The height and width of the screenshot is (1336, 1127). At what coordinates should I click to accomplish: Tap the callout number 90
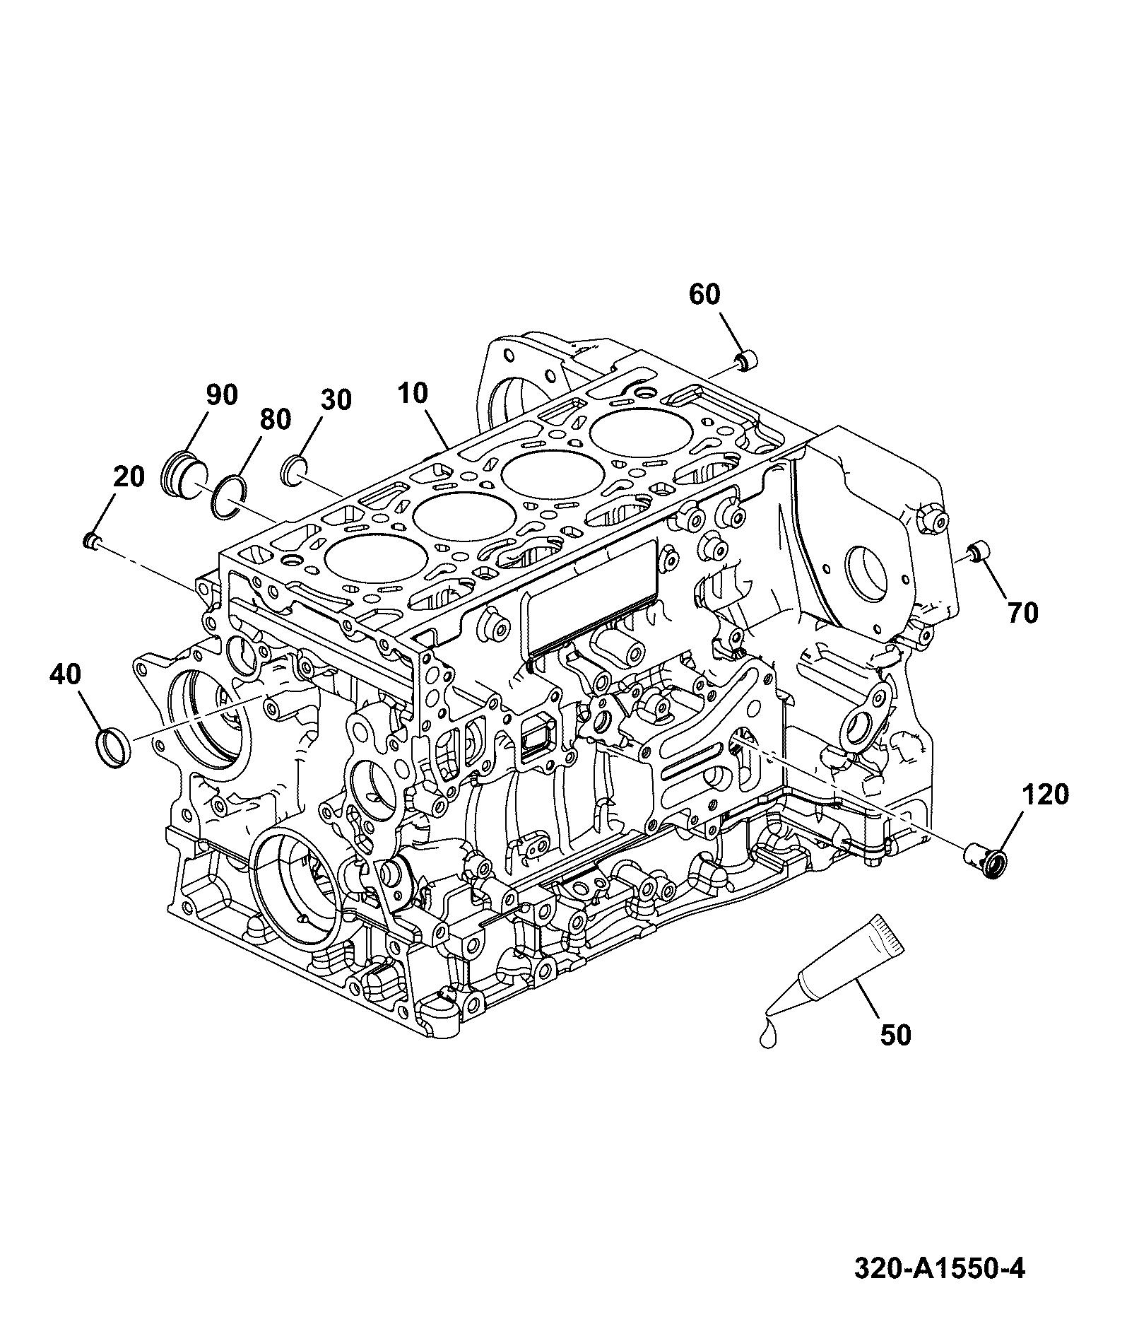click(222, 395)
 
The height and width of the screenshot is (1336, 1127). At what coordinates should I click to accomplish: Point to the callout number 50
click(895, 1036)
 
